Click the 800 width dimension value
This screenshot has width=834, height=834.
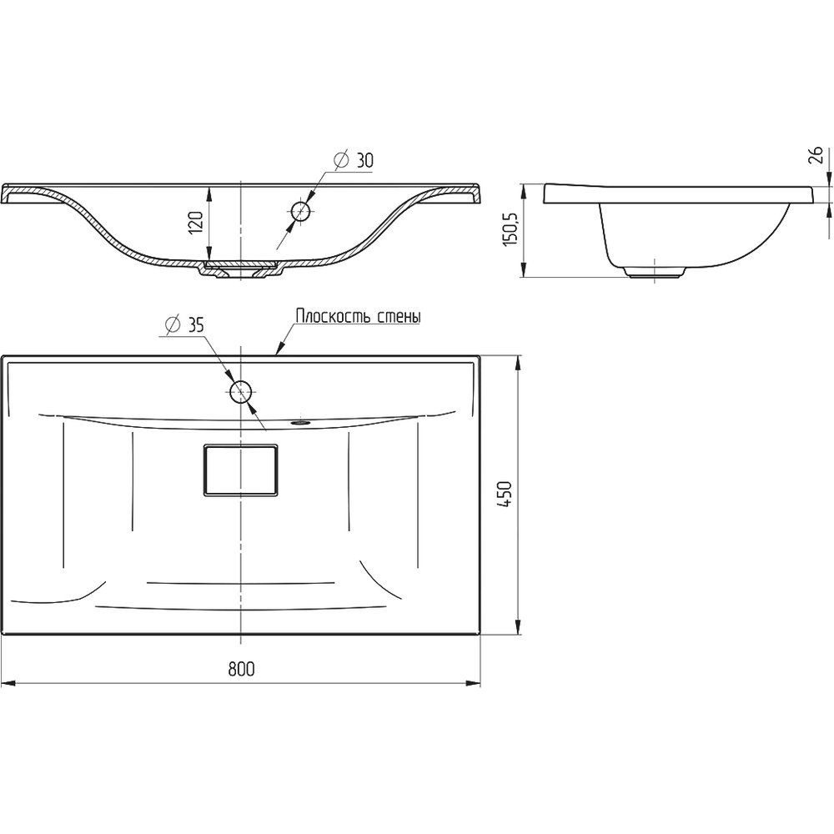[242, 669]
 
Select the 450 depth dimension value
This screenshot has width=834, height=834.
[505, 494]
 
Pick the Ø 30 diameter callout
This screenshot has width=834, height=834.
[354, 159]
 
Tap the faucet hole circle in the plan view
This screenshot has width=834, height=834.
[242, 392]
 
